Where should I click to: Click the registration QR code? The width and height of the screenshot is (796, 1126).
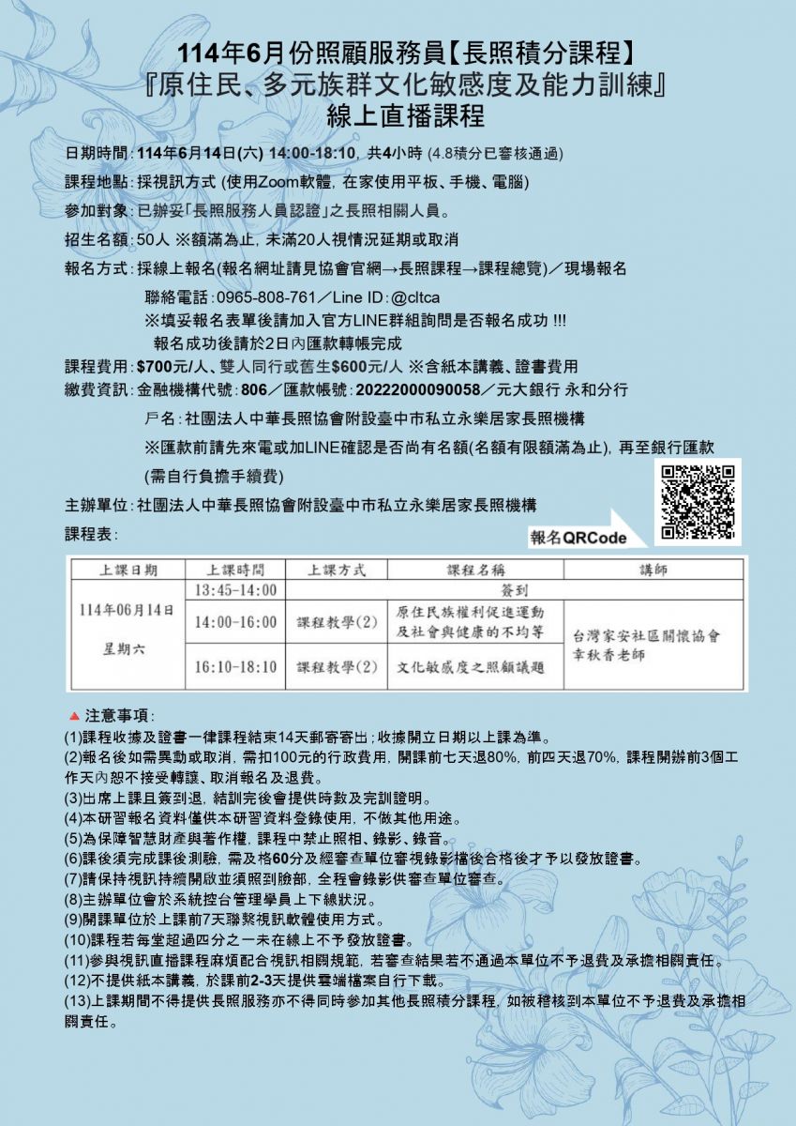(697, 502)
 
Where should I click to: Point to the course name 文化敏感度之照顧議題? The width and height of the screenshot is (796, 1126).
(471, 667)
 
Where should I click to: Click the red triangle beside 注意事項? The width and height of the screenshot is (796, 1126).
(75, 716)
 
